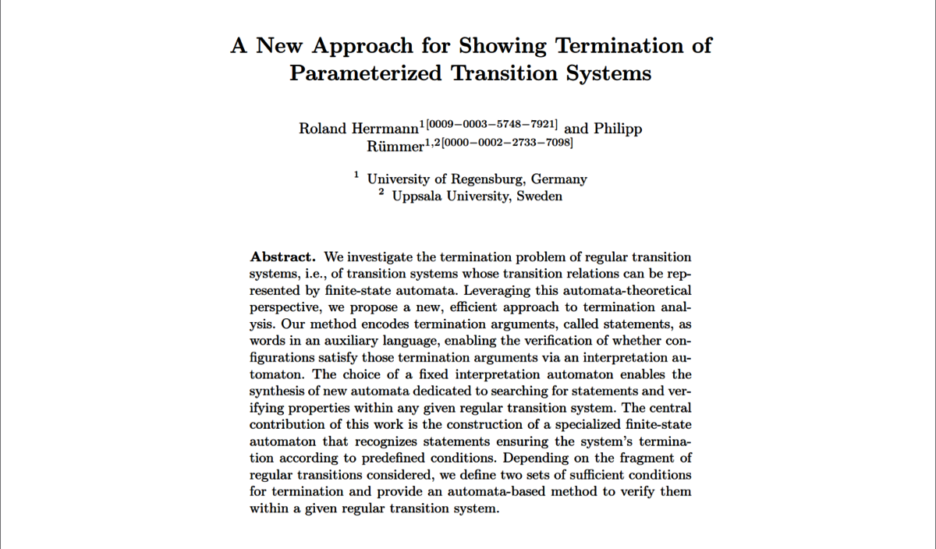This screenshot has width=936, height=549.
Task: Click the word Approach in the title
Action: [x=354, y=45]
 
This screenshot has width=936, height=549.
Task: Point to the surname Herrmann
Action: [x=385, y=129]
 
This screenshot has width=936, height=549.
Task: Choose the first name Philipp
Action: [x=618, y=129]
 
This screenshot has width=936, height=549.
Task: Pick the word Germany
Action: [x=559, y=179]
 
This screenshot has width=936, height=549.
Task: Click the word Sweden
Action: [x=539, y=197]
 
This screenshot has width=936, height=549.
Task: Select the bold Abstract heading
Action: [x=282, y=257]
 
